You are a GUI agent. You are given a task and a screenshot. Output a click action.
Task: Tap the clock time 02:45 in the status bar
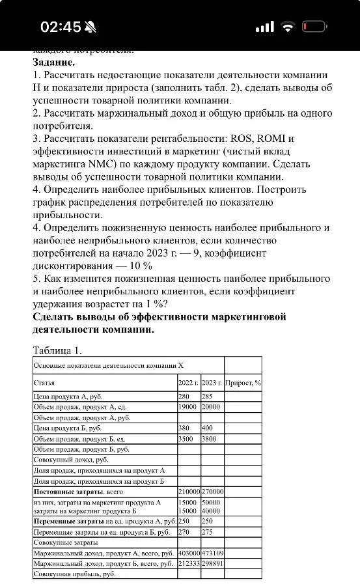pos(61,27)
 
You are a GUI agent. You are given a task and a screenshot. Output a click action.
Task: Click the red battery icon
pos(316,27)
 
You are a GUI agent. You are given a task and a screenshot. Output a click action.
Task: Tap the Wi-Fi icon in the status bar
pos(288,27)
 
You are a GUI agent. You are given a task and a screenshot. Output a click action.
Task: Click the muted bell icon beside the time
pos(90,27)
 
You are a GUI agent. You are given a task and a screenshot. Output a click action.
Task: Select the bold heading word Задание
pos(54,63)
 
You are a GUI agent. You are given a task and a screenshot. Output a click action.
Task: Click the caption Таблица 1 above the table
pos(57,351)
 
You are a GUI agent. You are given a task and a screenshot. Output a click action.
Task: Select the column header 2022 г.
pos(188,383)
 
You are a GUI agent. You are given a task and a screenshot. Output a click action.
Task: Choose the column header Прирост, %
pos(243,383)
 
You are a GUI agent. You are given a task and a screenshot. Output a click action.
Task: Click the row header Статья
pos(44,383)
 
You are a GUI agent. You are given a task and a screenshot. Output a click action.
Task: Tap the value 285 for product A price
pos(208,396)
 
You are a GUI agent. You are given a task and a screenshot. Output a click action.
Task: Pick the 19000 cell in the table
pos(187,406)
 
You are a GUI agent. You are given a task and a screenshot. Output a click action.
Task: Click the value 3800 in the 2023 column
pos(210,439)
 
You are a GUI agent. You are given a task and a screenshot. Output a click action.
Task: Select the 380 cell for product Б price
pos(185,428)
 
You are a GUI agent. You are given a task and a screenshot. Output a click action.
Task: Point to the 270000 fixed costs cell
pos(212,492)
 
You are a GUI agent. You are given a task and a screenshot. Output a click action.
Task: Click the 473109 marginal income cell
pos(212,553)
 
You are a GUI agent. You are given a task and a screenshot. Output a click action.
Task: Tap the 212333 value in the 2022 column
pos(189,563)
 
